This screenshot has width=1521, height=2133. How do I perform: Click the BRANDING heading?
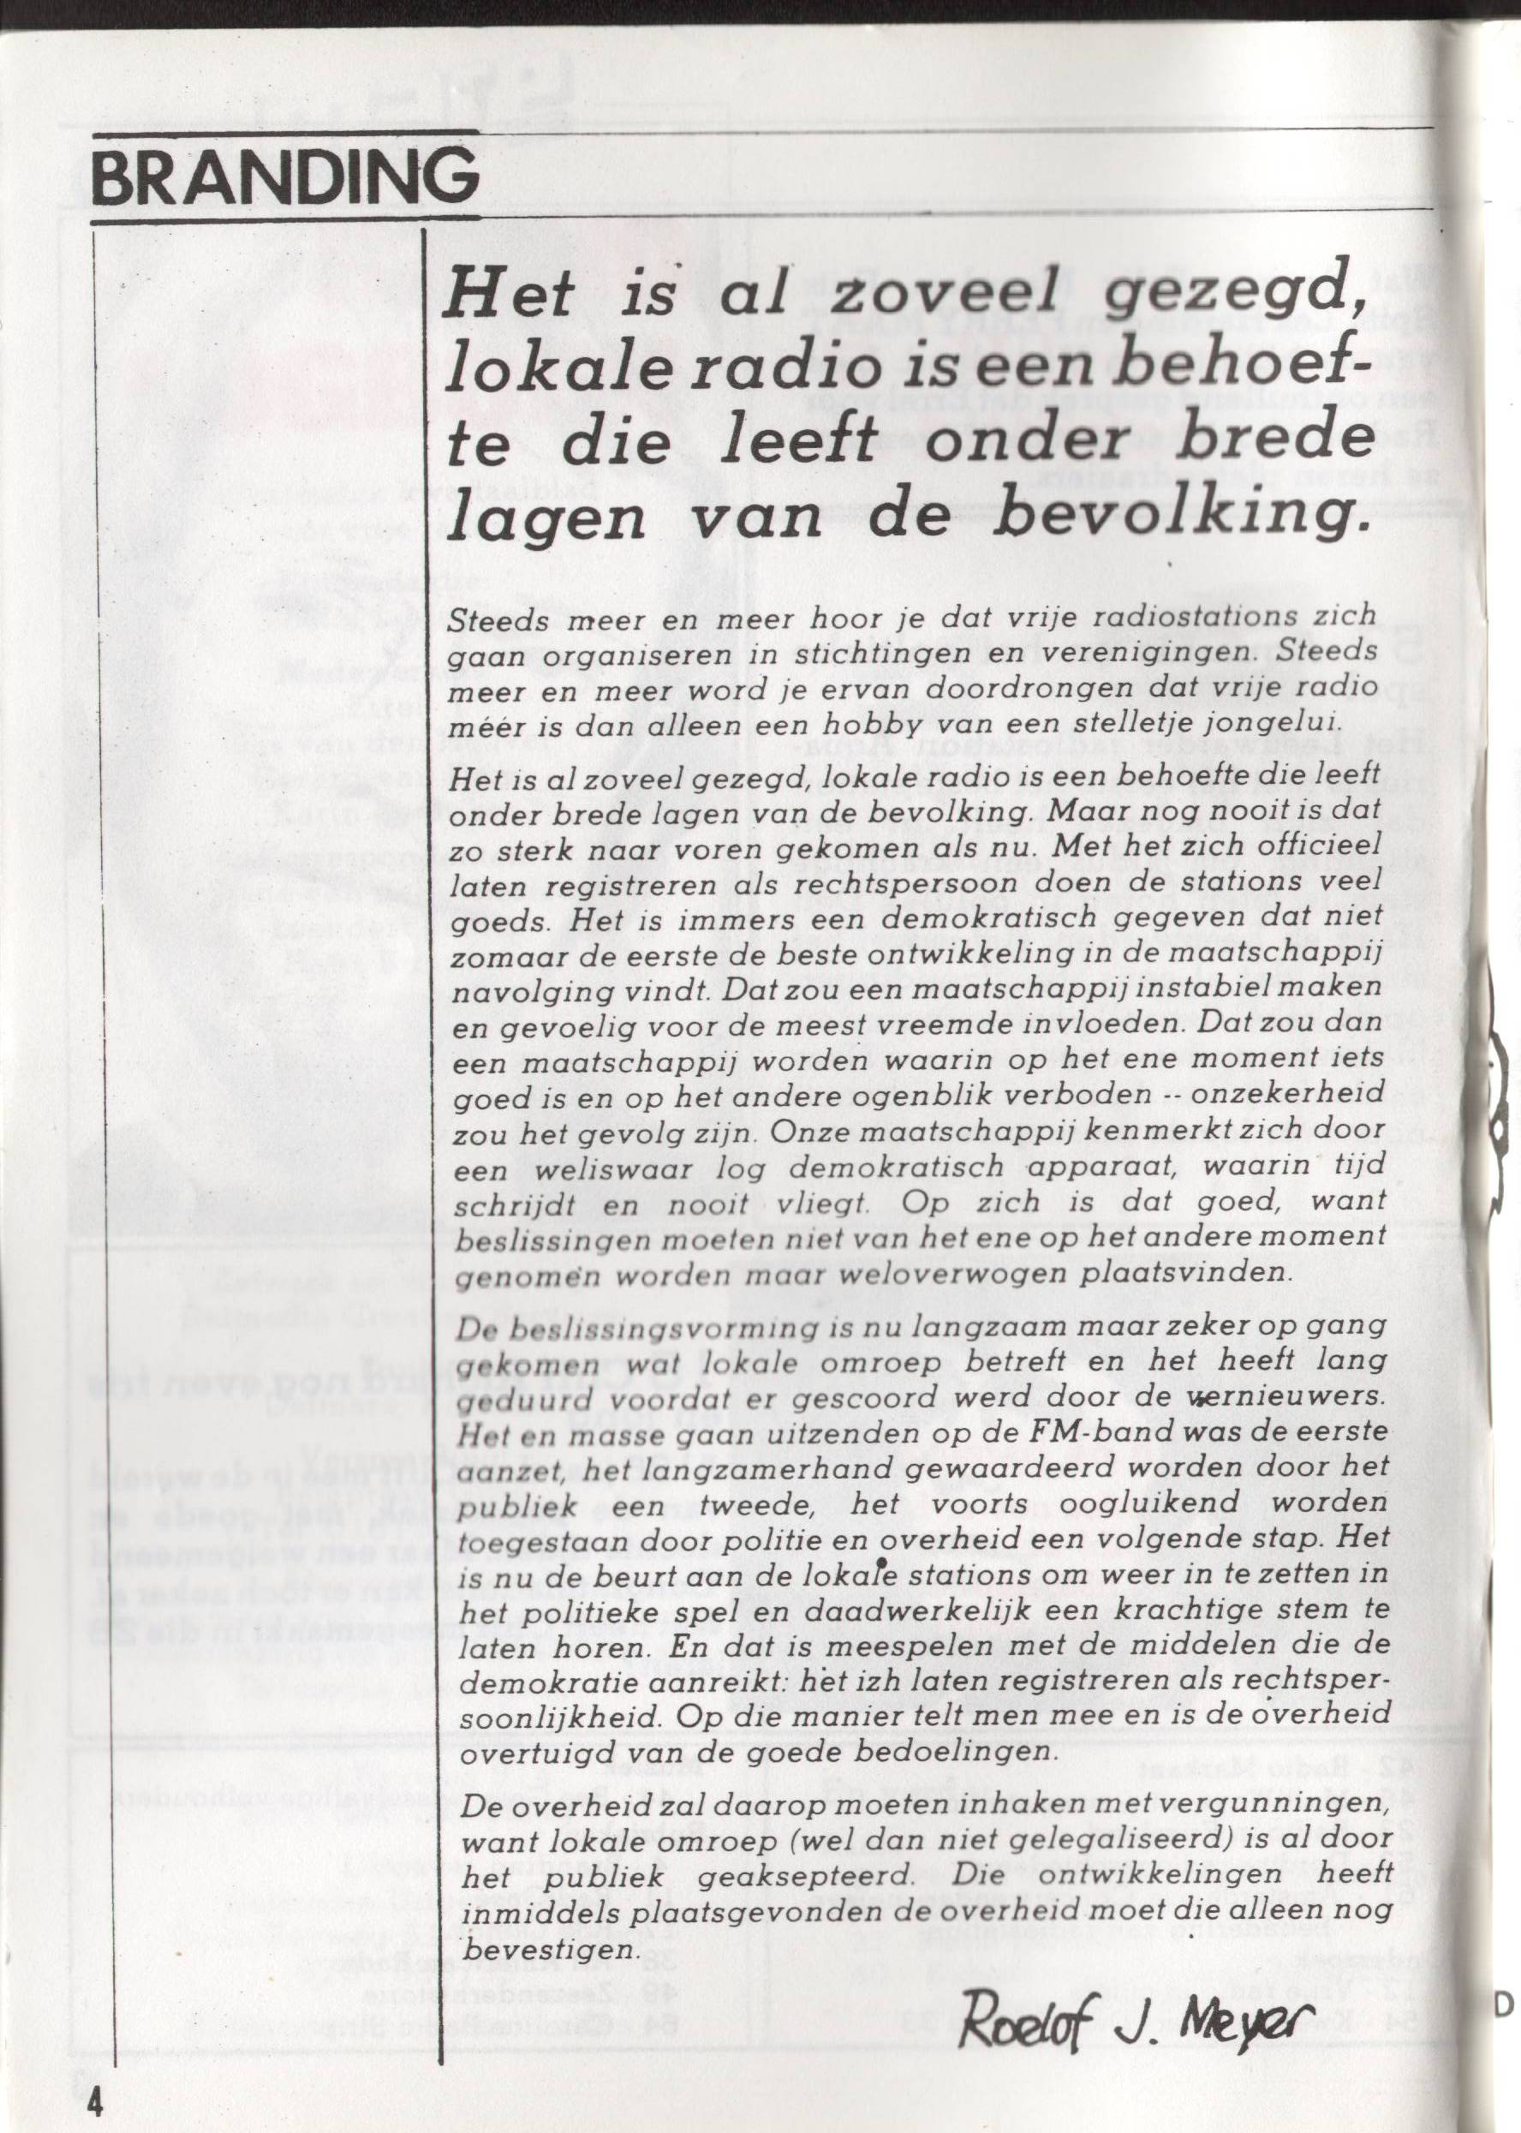point(283,178)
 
